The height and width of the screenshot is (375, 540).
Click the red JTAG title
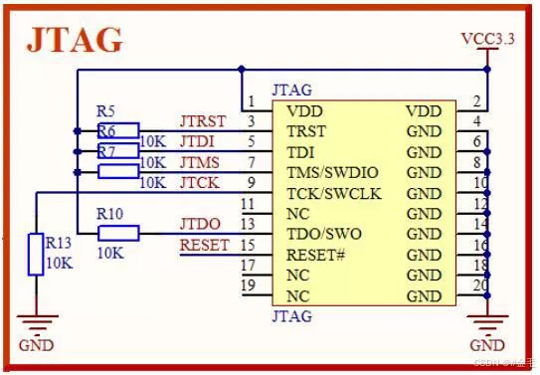pyautogui.click(x=75, y=39)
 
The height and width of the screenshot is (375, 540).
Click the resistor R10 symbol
pyautogui.click(x=118, y=233)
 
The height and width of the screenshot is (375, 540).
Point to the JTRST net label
pyautogui.click(x=203, y=121)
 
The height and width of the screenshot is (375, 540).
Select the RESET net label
pyautogui.click(x=204, y=245)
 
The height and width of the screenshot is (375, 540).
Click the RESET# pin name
pyautogui.click(x=315, y=255)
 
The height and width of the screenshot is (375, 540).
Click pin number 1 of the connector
pyautogui.click(x=253, y=101)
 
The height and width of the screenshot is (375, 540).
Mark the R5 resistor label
pyautogui.click(x=106, y=111)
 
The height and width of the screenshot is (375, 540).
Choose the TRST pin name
pyautogui.click(x=306, y=131)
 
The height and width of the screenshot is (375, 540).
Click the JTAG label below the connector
pyautogui.click(x=291, y=316)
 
